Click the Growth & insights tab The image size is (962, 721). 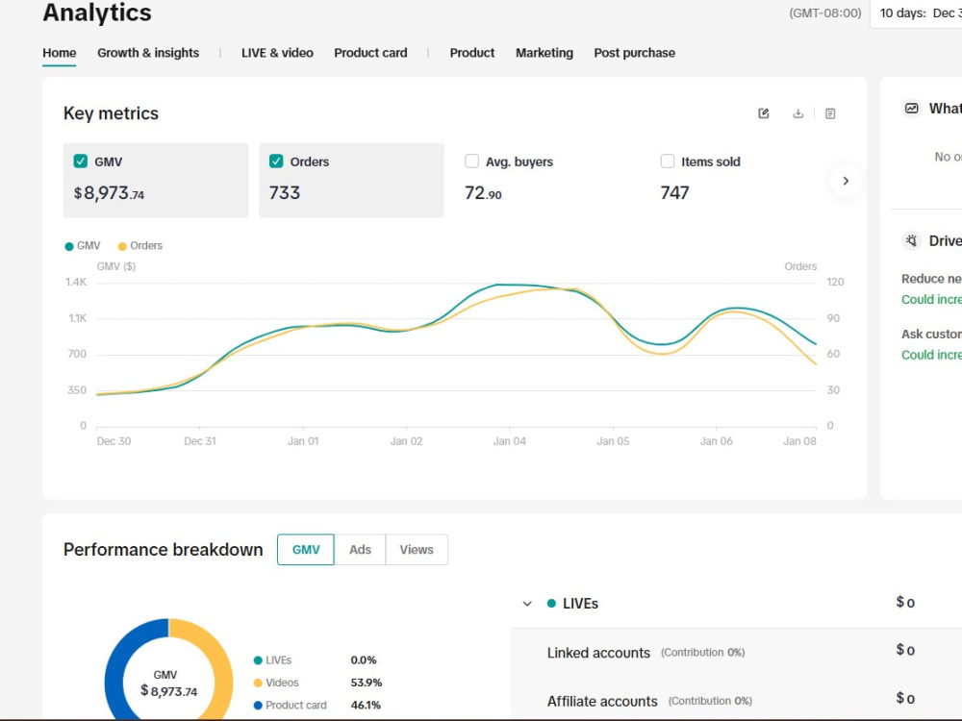[148, 53]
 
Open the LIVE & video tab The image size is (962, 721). [277, 53]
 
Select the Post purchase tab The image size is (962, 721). [634, 53]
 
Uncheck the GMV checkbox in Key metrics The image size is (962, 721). [81, 162]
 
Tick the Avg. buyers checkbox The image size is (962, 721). [471, 162]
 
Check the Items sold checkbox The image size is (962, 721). [668, 162]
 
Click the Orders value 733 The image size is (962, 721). [285, 193]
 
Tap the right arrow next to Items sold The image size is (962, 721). [846, 181]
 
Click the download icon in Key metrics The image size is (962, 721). [797, 113]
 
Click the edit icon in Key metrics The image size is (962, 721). [764, 113]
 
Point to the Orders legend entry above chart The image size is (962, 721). [139, 246]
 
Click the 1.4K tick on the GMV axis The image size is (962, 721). [76, 282]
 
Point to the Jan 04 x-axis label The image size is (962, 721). [510, 441]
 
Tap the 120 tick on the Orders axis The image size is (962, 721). [835, 282]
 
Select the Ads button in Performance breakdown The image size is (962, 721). [360, 549]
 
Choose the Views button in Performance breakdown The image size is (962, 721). [417, 549]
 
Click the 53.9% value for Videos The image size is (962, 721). [367, 683]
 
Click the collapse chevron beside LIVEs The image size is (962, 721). [527, 604]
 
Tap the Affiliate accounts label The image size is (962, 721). [602, 701]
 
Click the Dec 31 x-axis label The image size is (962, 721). [200, 441]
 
